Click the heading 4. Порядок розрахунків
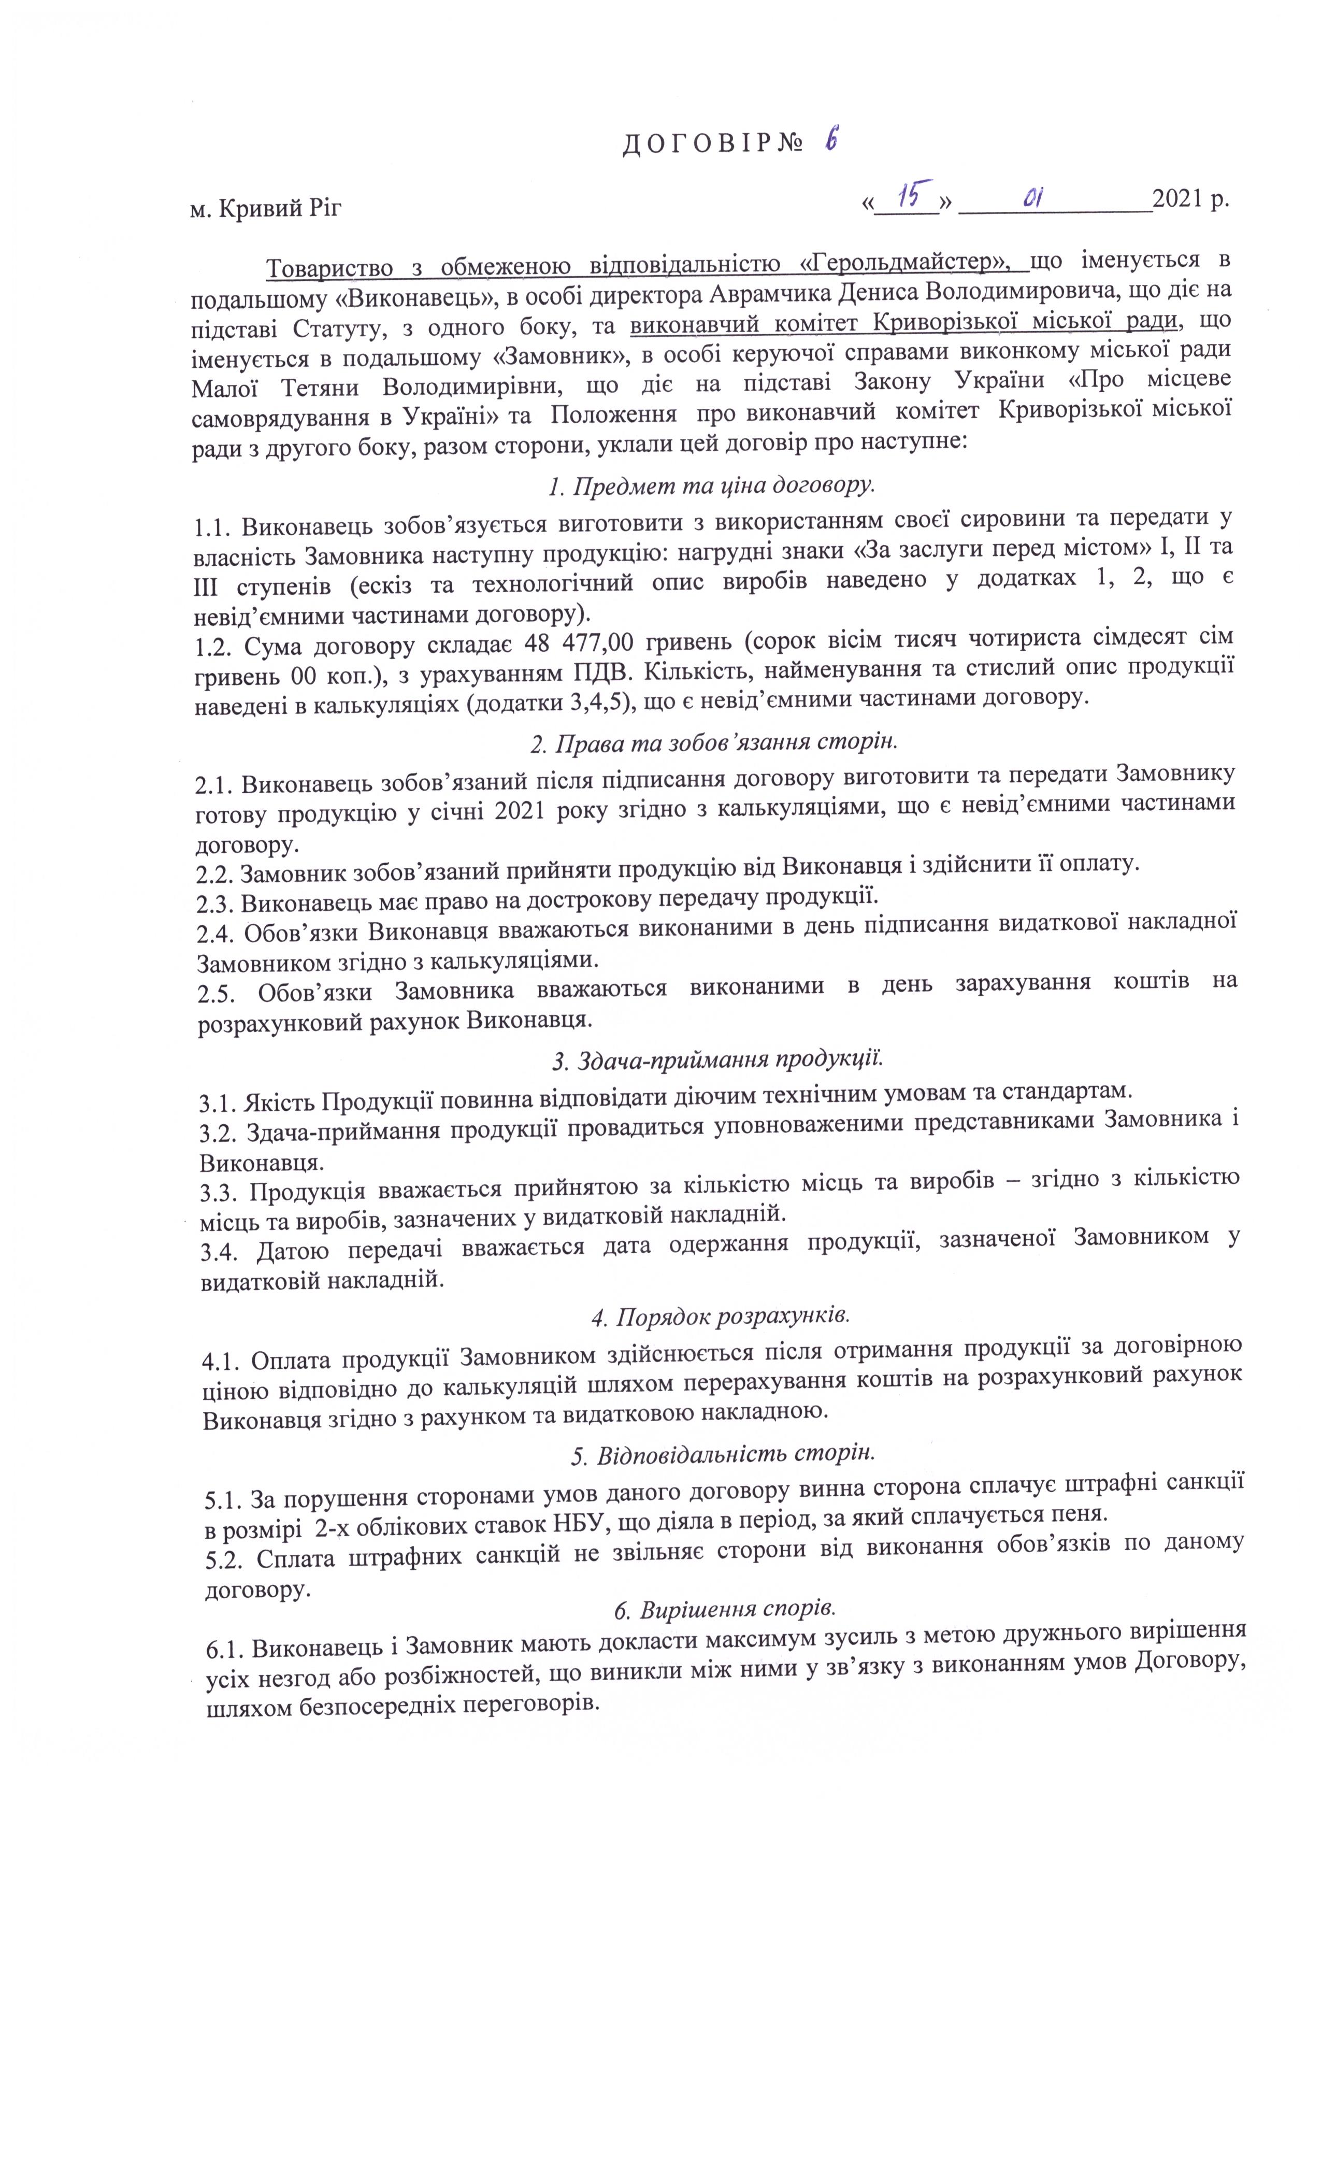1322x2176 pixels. pyautogui.click(x=720, y=1315)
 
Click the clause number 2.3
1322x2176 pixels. pyautogui.click(x=214, y=901)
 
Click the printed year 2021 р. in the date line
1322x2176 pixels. pyautogui.click(x=1189, y=201)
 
